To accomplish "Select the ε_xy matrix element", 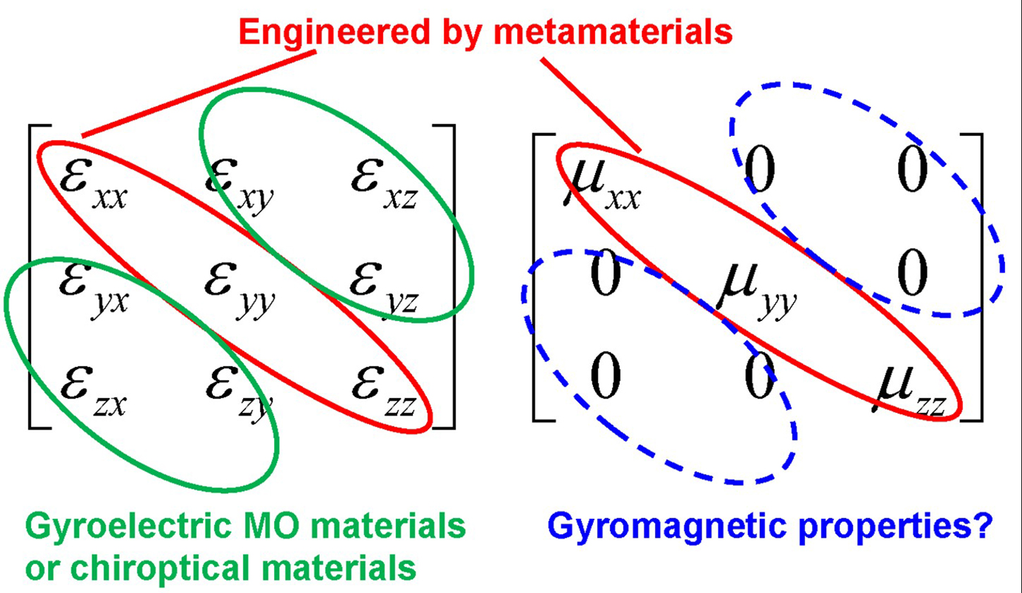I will [239, 182].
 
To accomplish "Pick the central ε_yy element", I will [239, 287].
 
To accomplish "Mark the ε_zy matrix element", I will [239, 391].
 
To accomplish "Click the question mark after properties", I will [981, 525].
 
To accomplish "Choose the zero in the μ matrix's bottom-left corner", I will [605, 377].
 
